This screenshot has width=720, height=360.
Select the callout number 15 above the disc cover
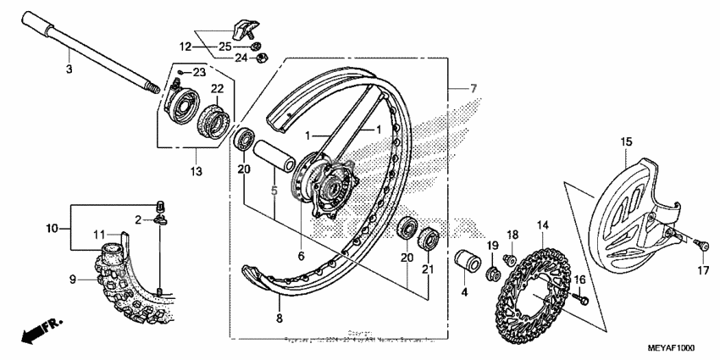[626, 142]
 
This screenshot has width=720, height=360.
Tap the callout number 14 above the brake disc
[543, 224]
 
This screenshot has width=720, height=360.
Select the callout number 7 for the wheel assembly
[474, 89]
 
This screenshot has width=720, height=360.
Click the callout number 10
[53, 229]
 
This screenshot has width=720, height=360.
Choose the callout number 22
[193, 89]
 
